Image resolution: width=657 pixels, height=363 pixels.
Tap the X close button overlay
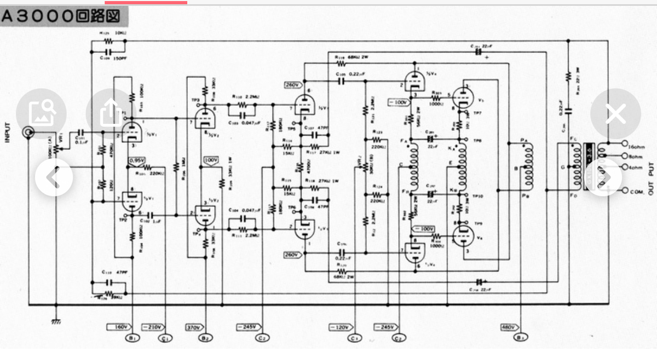pos(616,114)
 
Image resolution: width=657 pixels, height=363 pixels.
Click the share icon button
pos(111,113)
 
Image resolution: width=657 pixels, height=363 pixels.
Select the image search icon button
pos(41,113)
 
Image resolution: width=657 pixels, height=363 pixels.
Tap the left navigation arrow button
pos(54,177)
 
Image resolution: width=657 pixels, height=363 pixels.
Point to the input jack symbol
pos(27,132)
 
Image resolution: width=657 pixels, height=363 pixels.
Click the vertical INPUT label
pos(8,132)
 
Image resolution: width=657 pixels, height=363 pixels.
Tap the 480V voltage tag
pos(508,327)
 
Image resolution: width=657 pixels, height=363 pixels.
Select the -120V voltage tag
pos(340,327)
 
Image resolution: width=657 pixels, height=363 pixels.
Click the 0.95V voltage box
pos(136,160)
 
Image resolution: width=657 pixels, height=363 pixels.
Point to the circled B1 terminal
pos(131,338)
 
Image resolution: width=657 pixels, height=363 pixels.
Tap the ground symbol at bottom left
pos(56,321)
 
